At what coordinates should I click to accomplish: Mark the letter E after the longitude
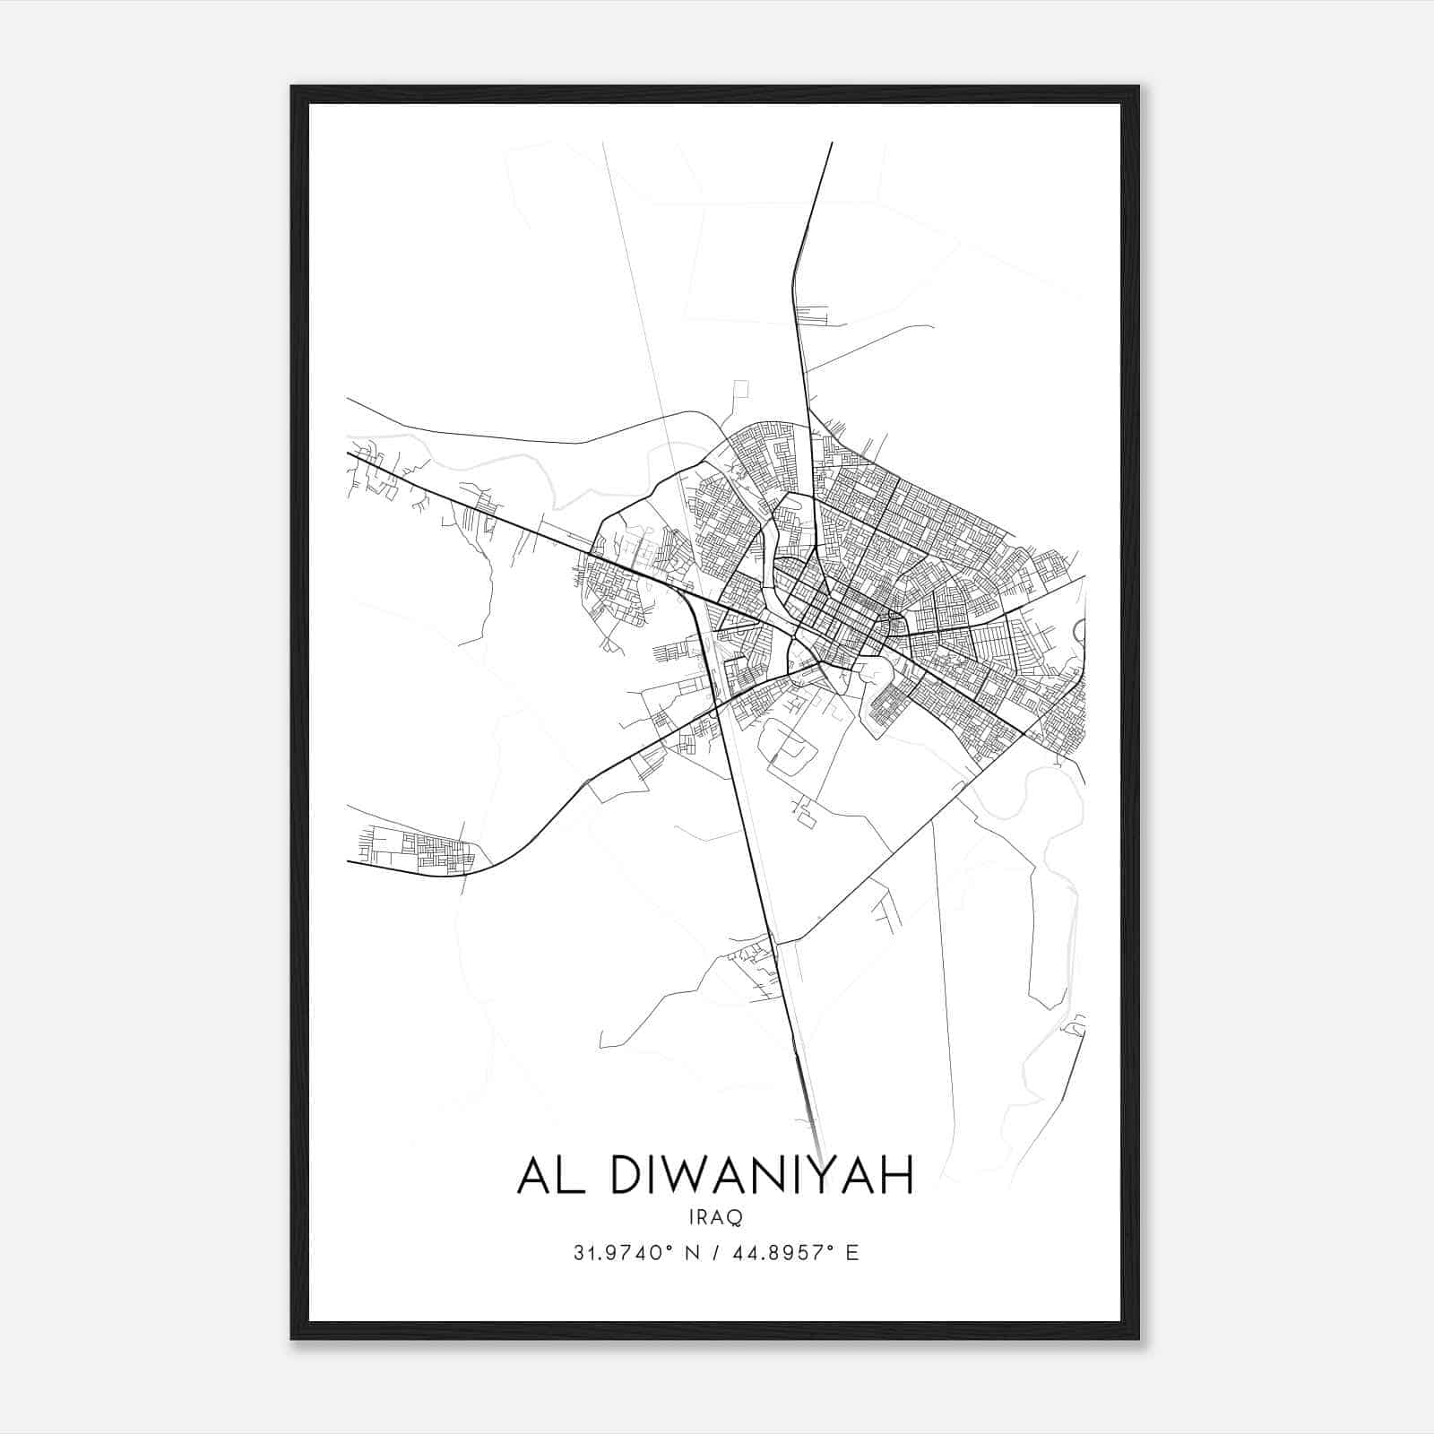(852, 1253)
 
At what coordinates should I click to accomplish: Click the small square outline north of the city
(740, 389)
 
